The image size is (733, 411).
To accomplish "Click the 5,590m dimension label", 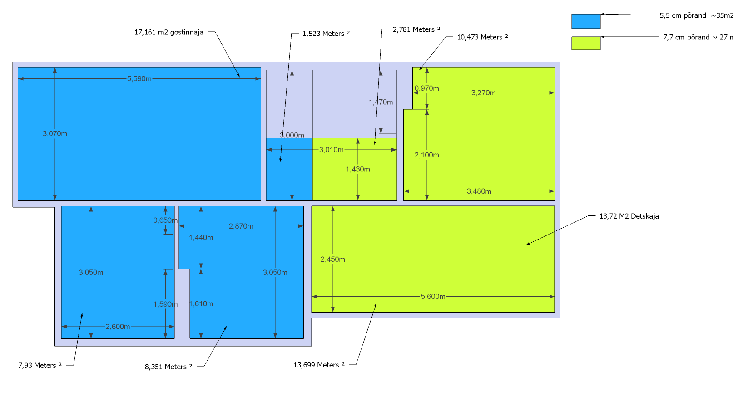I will pos(139,79).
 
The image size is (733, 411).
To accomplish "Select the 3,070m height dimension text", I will pos(55,134).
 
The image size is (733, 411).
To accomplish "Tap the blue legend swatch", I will pos(586,21).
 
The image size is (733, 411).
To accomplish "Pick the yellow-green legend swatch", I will pos(586,43).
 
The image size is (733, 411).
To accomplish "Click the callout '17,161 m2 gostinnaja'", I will pos(168,33).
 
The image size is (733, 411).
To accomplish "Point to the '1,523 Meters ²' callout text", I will pos(326,34).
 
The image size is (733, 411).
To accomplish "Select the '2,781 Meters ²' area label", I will pos(416,29).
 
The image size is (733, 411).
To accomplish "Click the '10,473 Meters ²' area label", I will pos(482,37).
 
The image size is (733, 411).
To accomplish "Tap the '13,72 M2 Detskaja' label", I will pos(629,216).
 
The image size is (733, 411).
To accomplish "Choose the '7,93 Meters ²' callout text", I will pos(40,366).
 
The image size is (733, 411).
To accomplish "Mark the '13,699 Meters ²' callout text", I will pos(319,365).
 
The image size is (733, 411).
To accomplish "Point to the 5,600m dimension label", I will pos(433,297).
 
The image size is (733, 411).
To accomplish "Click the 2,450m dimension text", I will pos(333,259).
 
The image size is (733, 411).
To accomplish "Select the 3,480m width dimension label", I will pos(479,191).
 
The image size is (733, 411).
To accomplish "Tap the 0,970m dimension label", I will pos(427,88).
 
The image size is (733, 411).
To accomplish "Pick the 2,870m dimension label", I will pos(241,226).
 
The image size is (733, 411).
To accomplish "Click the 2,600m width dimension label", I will pos(118,327).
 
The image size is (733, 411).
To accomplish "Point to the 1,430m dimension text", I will pos(358,170).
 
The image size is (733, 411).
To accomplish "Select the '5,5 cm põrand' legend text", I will pos(683,15).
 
